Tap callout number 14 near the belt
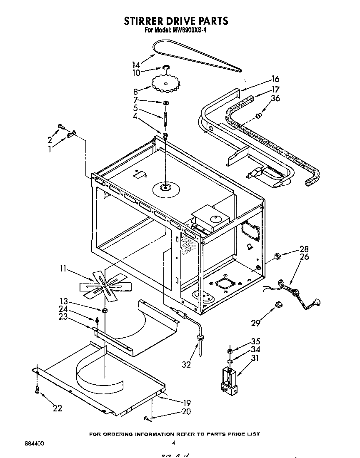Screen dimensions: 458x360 pos(136,65)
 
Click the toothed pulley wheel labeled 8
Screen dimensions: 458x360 pos(166,84)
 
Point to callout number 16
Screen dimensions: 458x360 pos(275,79)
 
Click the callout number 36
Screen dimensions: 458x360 pos(275,98)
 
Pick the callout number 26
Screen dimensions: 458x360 pos(304,257)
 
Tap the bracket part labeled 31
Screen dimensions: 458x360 pos(228,379)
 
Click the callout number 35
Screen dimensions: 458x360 pos(255,341)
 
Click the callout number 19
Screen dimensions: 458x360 pos(186,403)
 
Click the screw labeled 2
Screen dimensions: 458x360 pos(61,125)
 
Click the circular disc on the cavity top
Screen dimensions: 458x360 pos(165,189)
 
